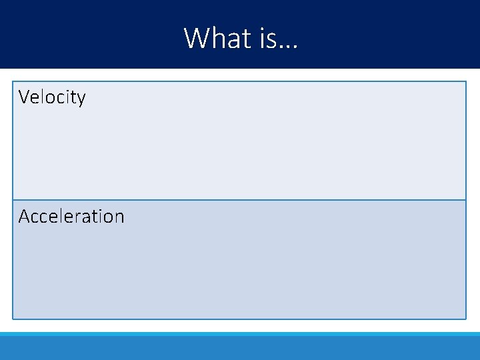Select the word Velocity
(x=52, y=97)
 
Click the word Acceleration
(x=71, y=217)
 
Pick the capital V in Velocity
(x=25, y=97)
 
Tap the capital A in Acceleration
(x=24, y=217)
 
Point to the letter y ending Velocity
(x=81, y=99)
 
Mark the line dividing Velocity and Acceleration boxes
(x=239, y=200)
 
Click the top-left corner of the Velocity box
(x=13, y=82)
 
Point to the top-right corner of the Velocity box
(x=465, y=82)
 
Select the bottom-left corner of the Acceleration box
(x=13, y=318)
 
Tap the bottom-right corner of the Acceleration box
(x=465, y=318)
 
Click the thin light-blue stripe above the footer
(x=240, y=333)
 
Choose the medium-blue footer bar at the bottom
(x=240, y=348)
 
